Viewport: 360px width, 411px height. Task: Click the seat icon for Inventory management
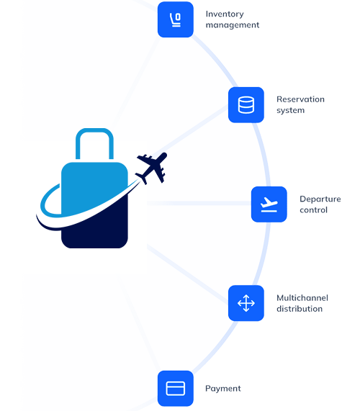coord(176,19)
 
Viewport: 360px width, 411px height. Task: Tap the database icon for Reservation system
coord(246,105)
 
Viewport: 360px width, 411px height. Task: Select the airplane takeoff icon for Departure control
coord(269,204)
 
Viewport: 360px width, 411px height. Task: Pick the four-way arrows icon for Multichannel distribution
coord(246,303)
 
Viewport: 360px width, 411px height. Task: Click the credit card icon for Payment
coord(176,388)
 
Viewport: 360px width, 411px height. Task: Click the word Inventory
coord(225,14)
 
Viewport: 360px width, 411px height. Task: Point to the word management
coord(233,25)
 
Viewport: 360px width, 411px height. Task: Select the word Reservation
coord(300,99)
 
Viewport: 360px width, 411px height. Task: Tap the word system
coord(290,110)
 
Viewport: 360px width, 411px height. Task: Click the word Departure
coord(320,199)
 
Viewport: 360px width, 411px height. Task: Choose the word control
coord(314,210)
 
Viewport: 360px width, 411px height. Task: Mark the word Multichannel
coord(302,298)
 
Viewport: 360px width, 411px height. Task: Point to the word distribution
coord(300,309)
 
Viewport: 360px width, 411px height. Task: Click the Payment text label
coord(223,389)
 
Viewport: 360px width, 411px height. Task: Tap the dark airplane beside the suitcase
coord(152,168)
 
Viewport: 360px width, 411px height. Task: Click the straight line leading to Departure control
coord(199,204)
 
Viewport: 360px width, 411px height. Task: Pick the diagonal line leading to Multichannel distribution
coord(188,274)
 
